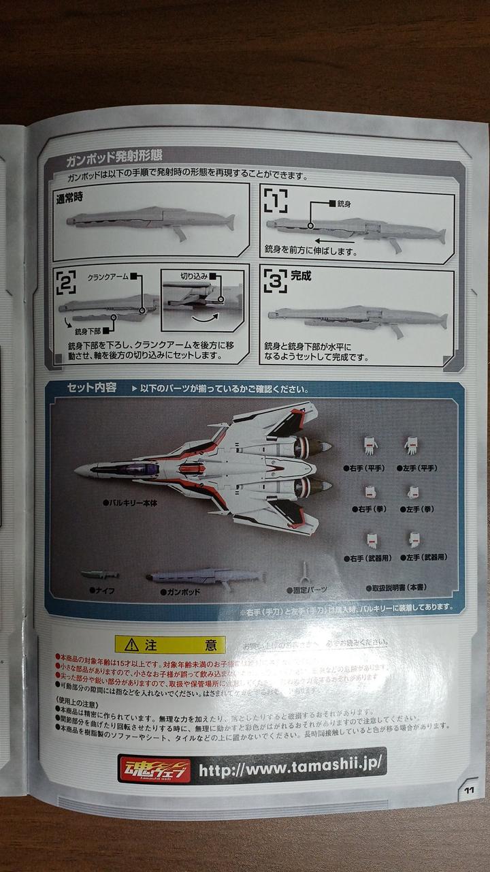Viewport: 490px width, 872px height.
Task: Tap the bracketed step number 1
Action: pyautogui.click(x=275, y=201)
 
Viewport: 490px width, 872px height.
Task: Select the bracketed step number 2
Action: pyautogui.click(x=66, y=282)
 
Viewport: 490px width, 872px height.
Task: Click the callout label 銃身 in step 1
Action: pyautogui.click(x=346, y=203)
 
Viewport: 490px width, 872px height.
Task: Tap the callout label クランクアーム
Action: pyautogui.click(x=108, y=277)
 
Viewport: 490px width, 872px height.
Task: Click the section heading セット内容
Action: pyautogui.click(x=92, y=388)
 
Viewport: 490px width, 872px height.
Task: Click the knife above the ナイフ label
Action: pyautogui.click(x=99, y=575)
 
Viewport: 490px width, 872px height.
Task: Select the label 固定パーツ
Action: pyautogui.click(x=310, y=589)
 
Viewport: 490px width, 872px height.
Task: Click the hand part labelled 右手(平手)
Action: pyautogui.click(x=370, y=446)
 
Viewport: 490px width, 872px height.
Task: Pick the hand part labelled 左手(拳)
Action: pyautogui.click(x=413, y=492)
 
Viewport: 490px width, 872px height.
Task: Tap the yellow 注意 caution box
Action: pyautogui.click(x=169, y=644)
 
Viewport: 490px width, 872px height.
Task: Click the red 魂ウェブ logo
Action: pyautogui.click(x=154, y=769)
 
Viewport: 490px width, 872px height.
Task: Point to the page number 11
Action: pyautogui.click(x=469, y=790)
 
